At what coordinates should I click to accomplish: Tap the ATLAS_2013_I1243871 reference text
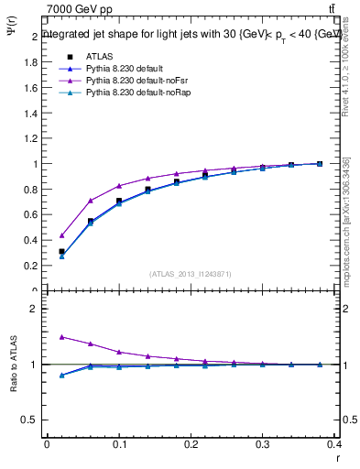pos(191,274)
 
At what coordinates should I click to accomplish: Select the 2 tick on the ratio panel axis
pos(36,309)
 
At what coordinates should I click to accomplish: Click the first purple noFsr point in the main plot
pos(61,235)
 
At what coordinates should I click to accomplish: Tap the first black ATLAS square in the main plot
pos(61,251)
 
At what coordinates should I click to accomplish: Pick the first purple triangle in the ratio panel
pos(61,337)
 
